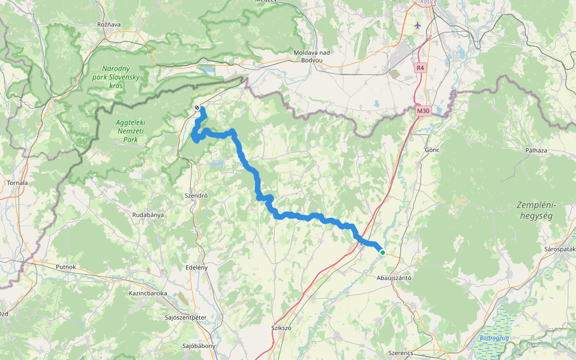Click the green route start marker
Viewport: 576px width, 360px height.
point(383,253)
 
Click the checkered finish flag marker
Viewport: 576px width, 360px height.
point(197,108)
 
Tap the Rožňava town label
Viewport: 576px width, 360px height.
point(109,25)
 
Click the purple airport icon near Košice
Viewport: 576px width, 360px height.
point(418,25)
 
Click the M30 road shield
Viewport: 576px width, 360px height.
point(424,110)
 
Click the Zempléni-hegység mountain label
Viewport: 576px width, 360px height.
point(536,211)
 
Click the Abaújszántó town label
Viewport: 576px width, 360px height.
point(393,278)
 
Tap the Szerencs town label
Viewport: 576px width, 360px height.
point(400,353)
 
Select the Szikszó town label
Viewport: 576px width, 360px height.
point(280,328)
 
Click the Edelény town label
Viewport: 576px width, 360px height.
point(197,267)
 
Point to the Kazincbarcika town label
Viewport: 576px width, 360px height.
point(148,293)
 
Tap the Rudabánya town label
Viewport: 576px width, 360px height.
point(148,214)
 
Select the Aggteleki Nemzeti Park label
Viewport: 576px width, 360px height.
point(127,131)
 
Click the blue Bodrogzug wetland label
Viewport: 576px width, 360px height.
point(494,338)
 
